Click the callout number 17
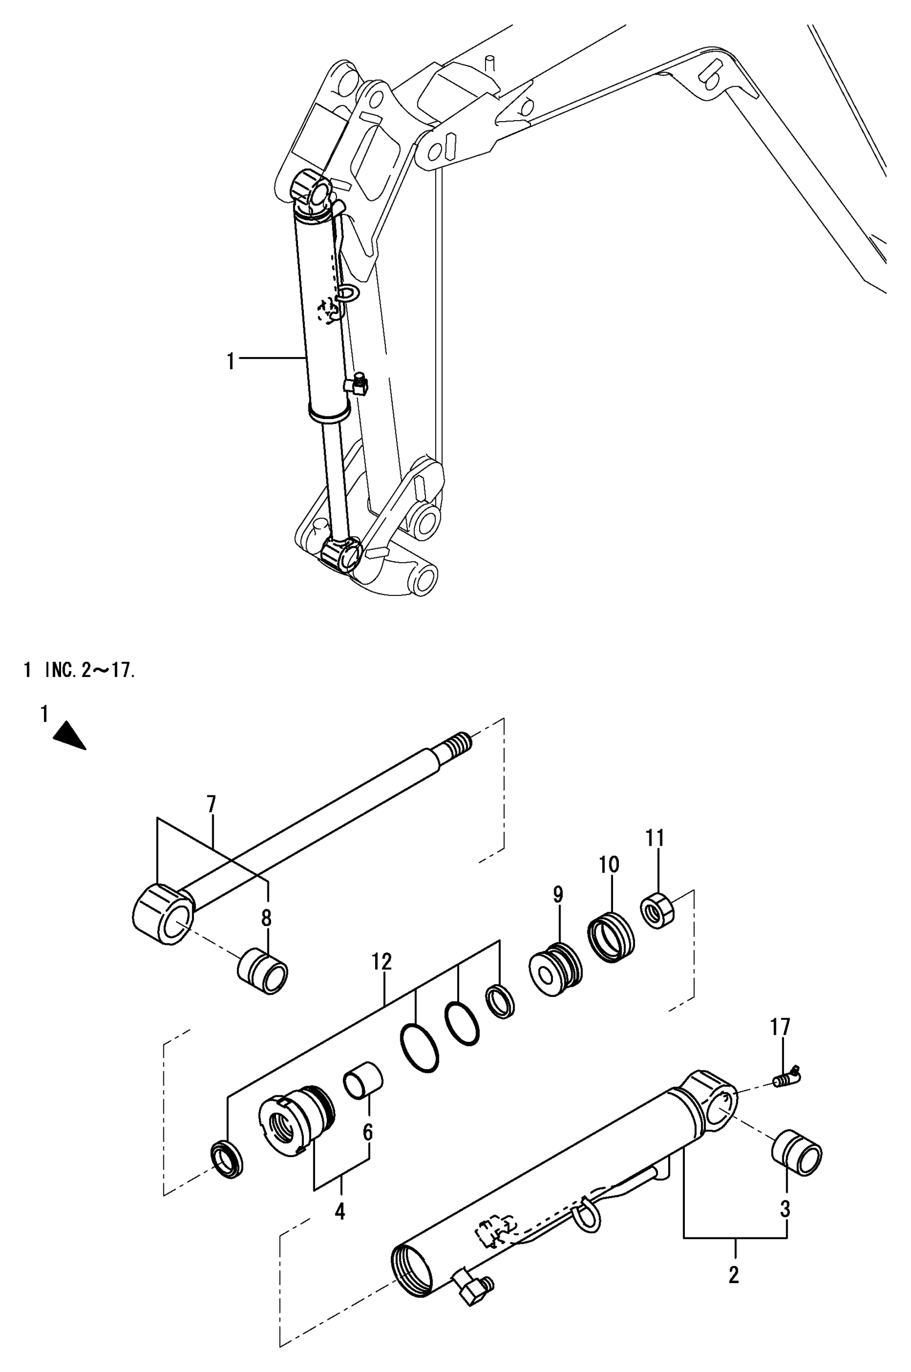[x=780, y=1027]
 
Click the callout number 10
[x=609, y=864]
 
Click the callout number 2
[x=734, y=1276]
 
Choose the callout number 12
[x=382, y=961]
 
